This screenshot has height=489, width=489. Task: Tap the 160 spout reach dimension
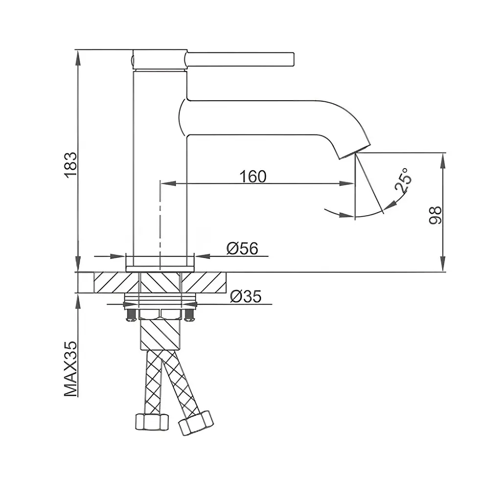pyautogui.click(x=253, y=177)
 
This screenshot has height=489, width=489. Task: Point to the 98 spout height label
pyautogui.click(x=435, y=215)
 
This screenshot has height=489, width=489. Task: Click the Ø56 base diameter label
pyautogui.click(x=243, y=248)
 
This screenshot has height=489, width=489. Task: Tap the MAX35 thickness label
pyautogui.click(x=71, y=369)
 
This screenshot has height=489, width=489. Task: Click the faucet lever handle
pyautogui.click(x=240, y=59)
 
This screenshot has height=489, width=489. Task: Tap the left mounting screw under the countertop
pyautogui.click(x=131, y=314)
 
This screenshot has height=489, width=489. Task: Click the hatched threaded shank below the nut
pyautogui.click(x=160, y=333)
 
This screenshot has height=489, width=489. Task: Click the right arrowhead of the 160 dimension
pyautogui.click(x=347, y=183)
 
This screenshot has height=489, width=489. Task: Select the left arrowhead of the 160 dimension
pyautogui.click(x=168, y=183)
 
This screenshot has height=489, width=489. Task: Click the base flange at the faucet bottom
pyautogui.click(x=160, y=269)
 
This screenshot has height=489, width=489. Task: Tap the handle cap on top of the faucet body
pyautogui.click(x=160, y=59)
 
